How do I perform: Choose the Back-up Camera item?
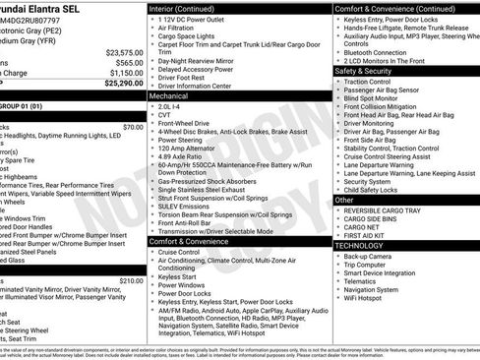click(x=371, y=256)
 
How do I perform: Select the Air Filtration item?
click(x=179, y=30)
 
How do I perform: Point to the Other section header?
click(x=345, y=200)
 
